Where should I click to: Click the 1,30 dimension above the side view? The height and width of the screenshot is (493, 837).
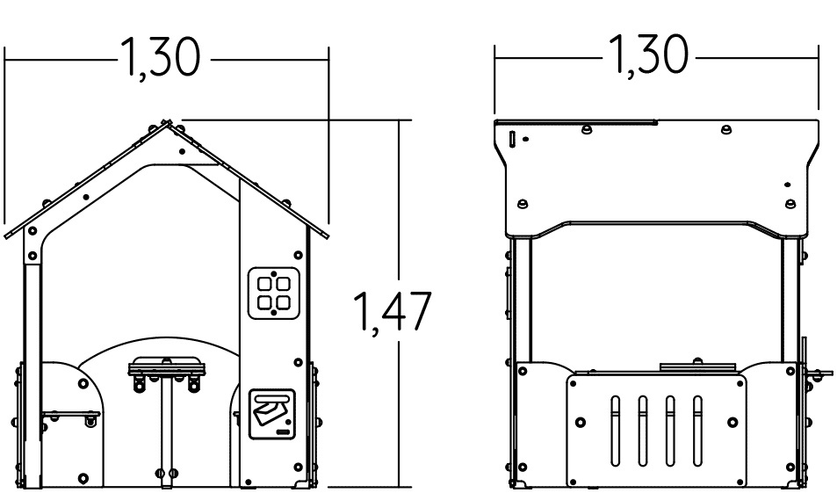(x=648, y=54)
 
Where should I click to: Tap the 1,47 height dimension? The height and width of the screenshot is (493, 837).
(x=393, y=311)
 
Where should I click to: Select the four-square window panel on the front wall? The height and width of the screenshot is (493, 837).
(x=274, y=294)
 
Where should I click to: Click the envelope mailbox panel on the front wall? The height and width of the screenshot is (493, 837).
(x=272, y=415)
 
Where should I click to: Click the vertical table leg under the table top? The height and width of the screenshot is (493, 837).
(x=167, y=430)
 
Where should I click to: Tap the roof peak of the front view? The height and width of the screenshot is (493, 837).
(x=166, y=122)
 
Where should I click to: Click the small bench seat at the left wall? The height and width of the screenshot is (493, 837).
(x=71, y=415)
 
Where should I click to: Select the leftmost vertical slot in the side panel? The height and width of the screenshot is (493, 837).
(x=615, y=431)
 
